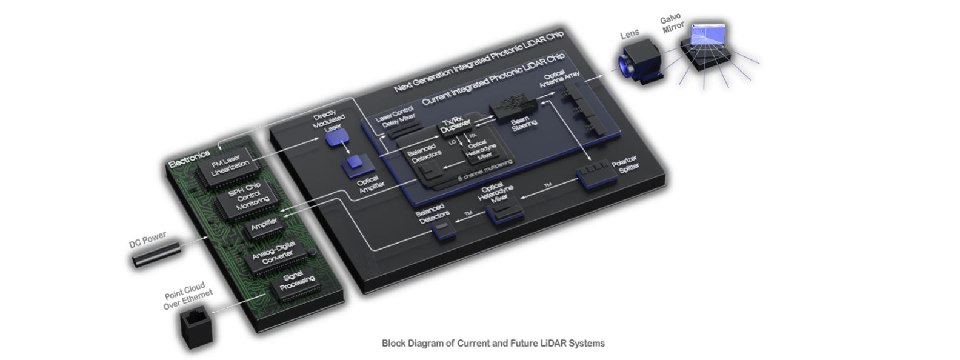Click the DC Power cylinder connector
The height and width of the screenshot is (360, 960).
coord(156,254)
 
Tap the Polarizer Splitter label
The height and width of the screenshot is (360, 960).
coord(625,165)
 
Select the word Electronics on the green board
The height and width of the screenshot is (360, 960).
coord(188,159)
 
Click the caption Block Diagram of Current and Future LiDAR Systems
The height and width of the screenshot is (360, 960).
coord(493,343)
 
